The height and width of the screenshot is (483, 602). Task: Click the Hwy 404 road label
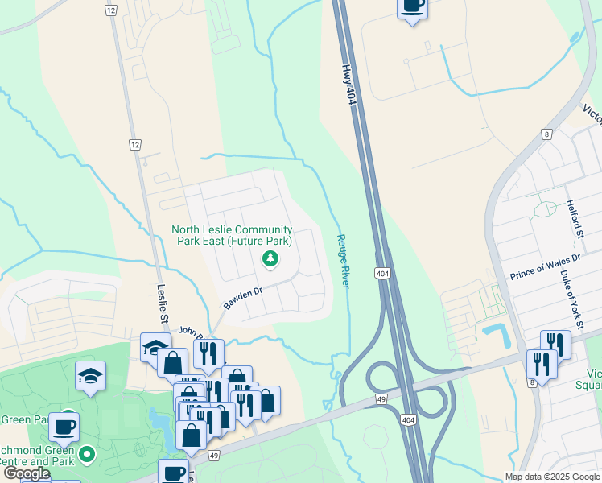pyautogui.click(x=348, y=83)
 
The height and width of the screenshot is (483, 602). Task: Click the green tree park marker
pyautogui.click(x=270, y=258)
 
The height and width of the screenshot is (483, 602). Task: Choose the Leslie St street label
pyautogui.click(x=163, y=303)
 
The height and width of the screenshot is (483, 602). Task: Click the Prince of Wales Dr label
pyautogui.click(x=545, y=268)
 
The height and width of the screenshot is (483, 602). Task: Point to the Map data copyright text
pyautogui.click(x=552, y=477)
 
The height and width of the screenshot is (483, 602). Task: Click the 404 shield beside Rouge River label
pyautogui.click(x=382, y=275)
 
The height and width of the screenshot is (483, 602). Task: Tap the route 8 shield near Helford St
pyautogui.click(x=546, y=134)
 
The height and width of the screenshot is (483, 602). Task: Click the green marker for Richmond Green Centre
pyautogui.click(x=88, y=454)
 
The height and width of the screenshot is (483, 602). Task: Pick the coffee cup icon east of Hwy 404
pyautogui.click(x=412, y=6)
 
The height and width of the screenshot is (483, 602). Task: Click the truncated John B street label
pyautogui.click(x=191, y=329)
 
